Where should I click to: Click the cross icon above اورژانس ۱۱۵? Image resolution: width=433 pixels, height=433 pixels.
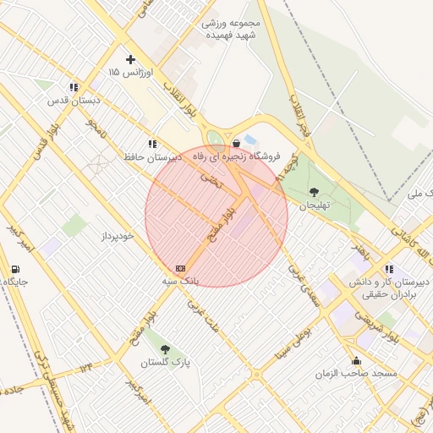[x=129, y=59]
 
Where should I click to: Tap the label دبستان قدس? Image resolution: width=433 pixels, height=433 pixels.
[x=74, y=100]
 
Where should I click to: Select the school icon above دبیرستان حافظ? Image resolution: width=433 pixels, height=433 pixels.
[x=152, y=144]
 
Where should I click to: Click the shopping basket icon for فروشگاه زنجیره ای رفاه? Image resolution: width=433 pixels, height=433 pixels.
[x=236, y=144]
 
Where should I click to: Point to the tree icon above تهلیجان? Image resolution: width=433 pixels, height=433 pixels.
[x=315, y=192]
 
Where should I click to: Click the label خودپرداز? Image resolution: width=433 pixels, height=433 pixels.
[x=117, y=236]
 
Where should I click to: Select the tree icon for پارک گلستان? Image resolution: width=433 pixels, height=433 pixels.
[x=165, y=349]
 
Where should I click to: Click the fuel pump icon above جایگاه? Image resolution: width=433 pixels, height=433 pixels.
[x=15, y=270]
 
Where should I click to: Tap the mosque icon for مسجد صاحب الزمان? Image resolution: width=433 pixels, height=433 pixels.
[x=356, y=360]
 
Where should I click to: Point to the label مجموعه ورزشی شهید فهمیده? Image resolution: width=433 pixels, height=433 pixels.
[x=233, y=30]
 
